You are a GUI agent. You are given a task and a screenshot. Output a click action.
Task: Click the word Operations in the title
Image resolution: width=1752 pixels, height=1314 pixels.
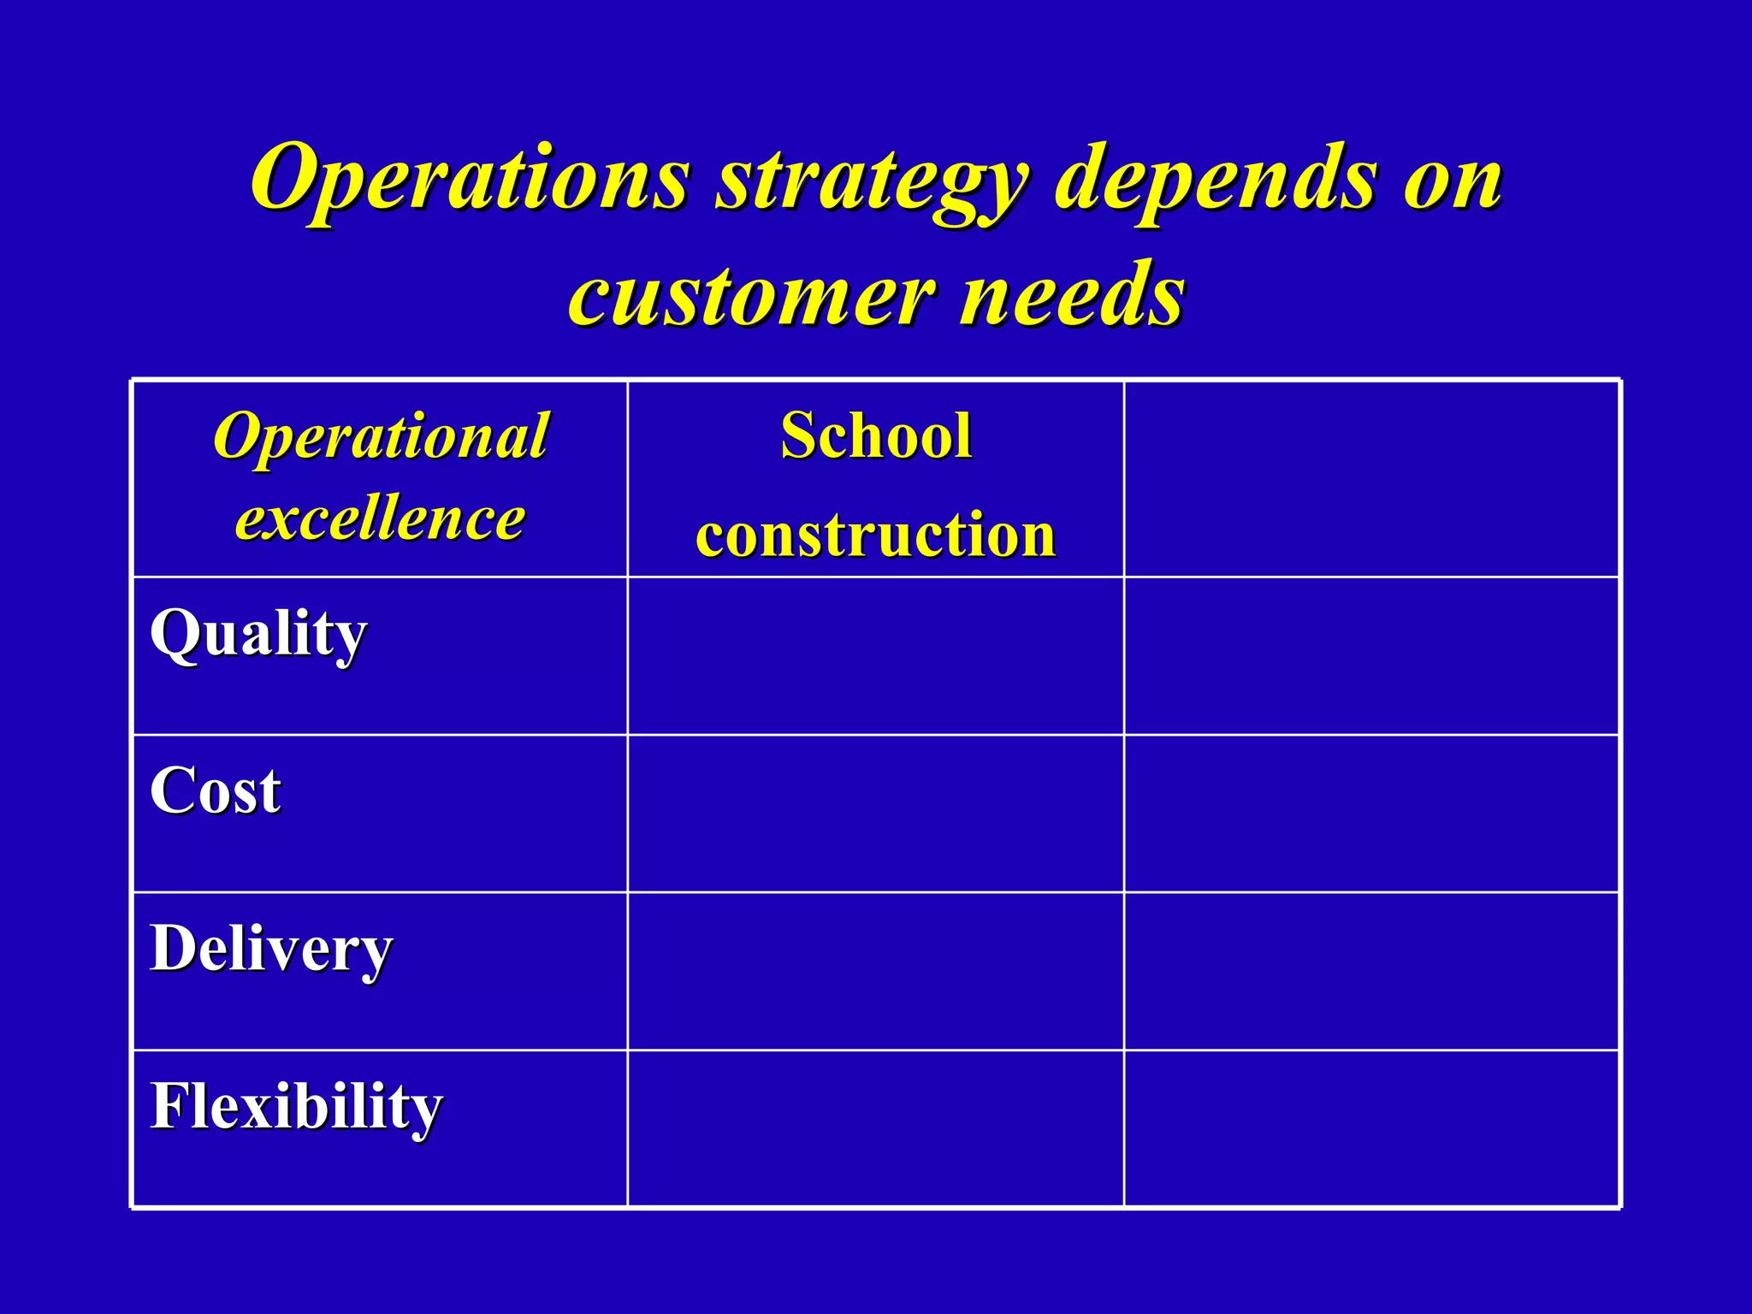[x=469, y=178]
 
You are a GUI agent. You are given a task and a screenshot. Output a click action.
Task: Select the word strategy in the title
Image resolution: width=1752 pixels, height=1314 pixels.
[x=873, y=181]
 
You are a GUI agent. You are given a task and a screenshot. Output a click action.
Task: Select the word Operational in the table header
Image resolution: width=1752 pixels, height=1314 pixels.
[x=381, y=435]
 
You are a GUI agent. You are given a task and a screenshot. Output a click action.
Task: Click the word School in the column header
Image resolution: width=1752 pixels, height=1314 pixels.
[x=876, y=435]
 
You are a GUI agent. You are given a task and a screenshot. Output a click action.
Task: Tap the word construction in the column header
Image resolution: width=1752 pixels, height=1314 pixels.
[x=876, y=535]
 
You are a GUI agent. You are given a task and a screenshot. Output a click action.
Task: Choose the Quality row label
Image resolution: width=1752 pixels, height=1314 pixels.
[x=258, y=634]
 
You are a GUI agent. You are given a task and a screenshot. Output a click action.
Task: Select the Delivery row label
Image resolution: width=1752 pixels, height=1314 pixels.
[x=271, y=949]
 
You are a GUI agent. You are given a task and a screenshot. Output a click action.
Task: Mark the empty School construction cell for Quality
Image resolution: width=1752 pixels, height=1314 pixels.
[x=876, y=656]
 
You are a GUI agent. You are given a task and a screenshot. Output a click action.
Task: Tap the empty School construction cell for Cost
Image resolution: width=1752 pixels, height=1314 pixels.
[x=876, y=814]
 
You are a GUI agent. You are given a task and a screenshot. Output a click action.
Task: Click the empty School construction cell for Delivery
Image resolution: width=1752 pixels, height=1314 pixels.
[x=876, y=971]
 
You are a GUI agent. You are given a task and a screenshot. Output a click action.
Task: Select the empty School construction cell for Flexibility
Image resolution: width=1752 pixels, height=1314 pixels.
[x=876, y=1128]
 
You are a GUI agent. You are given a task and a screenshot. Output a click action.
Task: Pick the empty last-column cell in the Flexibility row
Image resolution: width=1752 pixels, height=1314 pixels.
[x=1371, y=1128]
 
